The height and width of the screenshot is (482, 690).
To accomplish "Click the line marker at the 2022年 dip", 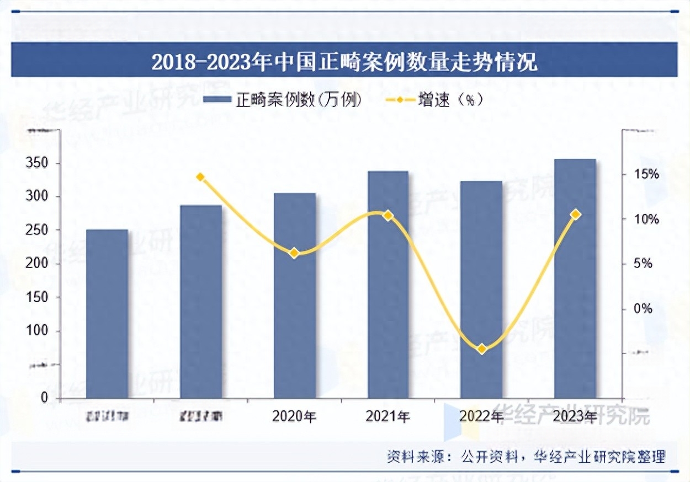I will pyautogui.click(x=481, y=349).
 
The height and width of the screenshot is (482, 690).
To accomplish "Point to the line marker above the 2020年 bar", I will pyautogui.click(x=294, y=253).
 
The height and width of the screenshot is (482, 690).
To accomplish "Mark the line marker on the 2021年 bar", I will pyautogui.click(x=388, y=215).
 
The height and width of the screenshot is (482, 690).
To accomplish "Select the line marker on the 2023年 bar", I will pyautogui.click(x=575, y=214).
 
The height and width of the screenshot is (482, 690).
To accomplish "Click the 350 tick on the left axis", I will pyautogui.click(x=38, y=163).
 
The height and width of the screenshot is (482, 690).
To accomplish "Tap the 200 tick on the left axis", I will pyautogui.click(x=38, y=264).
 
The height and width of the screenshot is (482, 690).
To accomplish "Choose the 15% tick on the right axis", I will pyautogui.click(x=645, y=174).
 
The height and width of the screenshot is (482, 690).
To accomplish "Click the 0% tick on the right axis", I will pyautogui.click(x=642, y=309).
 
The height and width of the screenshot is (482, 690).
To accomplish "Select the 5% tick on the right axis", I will pyautogui.click(x=642, y=264).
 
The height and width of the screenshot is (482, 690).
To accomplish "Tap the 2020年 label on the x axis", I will pyautogui.click(x=294, y=416).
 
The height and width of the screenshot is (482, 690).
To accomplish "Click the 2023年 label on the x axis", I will pyautogui.click(x=575, y=416).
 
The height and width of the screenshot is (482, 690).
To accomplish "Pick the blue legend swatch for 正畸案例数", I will pyautogui.click(x=216, y=100).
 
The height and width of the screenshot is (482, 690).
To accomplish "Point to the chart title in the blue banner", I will pyautogui.click(x=344, y=62).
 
